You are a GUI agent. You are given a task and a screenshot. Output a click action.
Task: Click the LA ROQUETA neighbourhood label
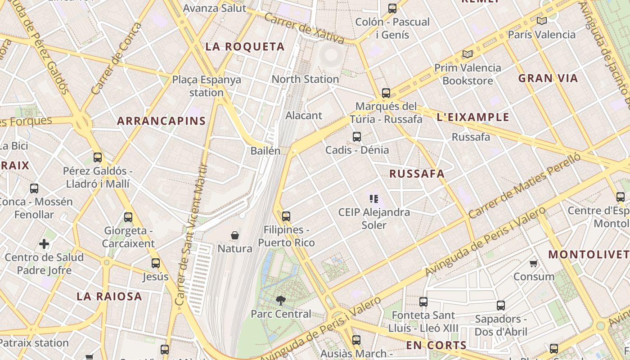[x=245, y=47]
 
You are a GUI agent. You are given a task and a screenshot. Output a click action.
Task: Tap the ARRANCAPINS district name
[x=161, y=121]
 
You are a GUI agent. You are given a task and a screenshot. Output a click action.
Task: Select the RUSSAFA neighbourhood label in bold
[x=417, y=174]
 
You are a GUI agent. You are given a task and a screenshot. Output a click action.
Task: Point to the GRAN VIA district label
[x=548, y=78]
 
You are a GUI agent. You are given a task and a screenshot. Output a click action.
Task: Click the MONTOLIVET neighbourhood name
[x=589, y=254]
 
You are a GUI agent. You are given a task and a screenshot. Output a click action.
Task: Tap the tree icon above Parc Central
[x=280, y=300]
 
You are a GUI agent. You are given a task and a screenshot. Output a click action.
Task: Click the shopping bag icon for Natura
[x=234, y=235]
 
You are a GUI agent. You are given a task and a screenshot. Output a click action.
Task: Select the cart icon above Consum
[x=534, y=263]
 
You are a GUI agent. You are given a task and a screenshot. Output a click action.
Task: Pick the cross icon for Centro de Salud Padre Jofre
[x=44, y=244]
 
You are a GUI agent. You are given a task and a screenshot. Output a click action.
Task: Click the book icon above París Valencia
[x=541, y=21]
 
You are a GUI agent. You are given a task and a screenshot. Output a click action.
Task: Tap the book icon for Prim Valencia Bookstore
[x=468, y=54]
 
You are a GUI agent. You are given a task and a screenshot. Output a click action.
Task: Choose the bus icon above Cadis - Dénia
[x=357, y=137]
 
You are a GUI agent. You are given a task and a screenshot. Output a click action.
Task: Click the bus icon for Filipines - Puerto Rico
[x=286, y=216]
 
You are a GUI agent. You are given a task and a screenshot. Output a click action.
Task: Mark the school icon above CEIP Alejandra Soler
[x=374, y=198]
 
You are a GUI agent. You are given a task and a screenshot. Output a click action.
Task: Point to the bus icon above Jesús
[x=156, y=263]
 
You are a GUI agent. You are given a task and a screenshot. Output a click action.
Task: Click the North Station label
[x=305, y=79]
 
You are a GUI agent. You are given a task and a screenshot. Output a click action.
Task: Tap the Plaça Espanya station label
[x=207, y=86]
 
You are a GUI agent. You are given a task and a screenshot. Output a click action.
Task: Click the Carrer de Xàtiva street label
[x=304, y=28]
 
